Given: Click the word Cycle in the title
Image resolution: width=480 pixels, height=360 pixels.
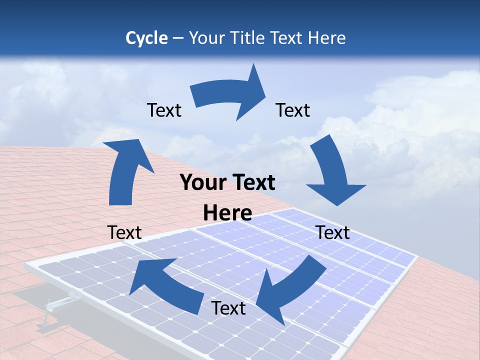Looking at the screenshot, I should point(146,38).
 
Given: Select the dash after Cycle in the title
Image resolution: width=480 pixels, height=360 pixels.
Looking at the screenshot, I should point(178,38).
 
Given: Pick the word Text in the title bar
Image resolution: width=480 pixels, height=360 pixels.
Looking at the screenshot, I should point(288,38).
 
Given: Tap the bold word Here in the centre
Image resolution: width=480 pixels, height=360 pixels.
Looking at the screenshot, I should point(227,213).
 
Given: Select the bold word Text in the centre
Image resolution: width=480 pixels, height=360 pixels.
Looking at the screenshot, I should point(251,183).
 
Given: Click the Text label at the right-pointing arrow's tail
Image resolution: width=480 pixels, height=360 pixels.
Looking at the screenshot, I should point(164,110).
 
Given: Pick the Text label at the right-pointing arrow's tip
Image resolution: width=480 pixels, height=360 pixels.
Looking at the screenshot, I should point(293,110).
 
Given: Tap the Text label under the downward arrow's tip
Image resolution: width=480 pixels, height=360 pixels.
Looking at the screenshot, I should point(333,232).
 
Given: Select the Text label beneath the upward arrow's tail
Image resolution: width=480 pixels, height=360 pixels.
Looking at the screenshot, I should point(124,232).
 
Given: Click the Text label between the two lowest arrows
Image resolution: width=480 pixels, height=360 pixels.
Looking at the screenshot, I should point(228,308).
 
